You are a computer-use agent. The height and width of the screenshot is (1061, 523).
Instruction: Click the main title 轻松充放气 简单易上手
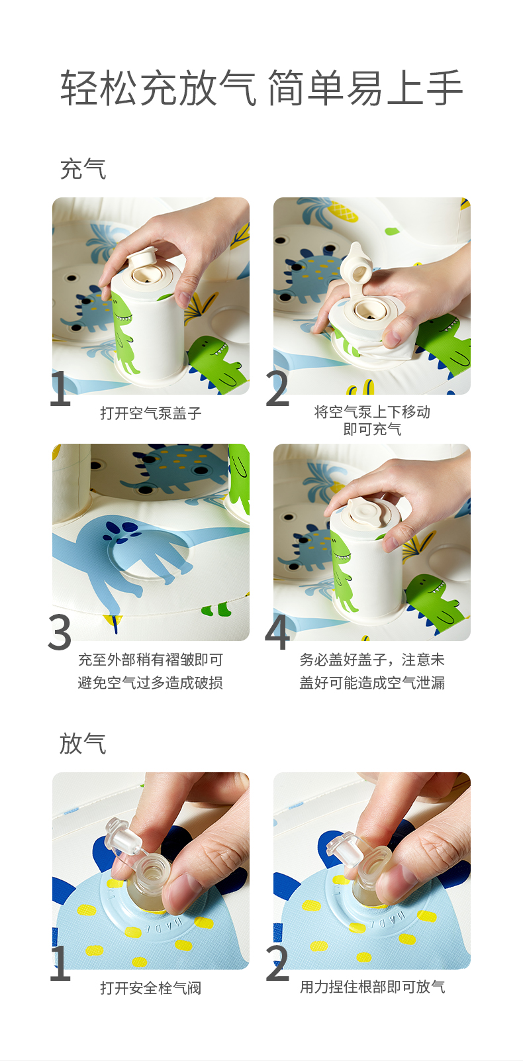point(261,88)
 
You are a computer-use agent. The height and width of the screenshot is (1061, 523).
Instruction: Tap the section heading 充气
point(83,169)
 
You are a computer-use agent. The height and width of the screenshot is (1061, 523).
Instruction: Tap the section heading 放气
point(83,743)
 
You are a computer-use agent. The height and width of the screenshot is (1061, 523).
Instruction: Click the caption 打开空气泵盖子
point(150,413)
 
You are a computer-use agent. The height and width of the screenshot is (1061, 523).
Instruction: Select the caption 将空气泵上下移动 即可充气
point(372,421)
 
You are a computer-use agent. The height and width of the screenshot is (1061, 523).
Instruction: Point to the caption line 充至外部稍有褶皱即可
point(150,660)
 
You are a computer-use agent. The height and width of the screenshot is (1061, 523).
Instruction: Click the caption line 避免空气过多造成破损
point(150,683)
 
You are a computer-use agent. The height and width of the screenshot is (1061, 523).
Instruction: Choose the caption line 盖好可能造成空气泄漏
point(372,683)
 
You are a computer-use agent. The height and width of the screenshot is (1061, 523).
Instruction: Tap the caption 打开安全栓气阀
point(150,988)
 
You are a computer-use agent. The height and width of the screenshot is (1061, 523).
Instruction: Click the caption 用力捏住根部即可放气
point(372,987)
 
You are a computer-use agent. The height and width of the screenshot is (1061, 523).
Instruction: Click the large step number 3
point(60,632)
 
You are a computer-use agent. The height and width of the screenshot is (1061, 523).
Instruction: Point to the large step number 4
point(277,632)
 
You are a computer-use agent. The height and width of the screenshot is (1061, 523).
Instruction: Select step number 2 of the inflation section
point(277,388)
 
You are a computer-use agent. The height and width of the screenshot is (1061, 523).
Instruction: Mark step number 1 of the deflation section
point(60,963)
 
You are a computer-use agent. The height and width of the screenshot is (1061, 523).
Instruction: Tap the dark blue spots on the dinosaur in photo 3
point(121,532)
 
